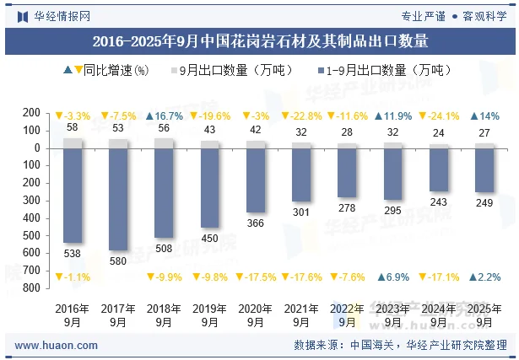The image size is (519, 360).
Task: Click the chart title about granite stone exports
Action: pos(259,40)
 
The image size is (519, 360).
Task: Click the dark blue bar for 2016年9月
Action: pos(73,195)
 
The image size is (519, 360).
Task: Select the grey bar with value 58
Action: pos(73,143)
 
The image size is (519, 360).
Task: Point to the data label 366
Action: pos(255,223)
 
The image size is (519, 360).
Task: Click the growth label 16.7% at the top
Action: pos(164,116)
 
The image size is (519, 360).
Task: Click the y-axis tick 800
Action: pos(33,288)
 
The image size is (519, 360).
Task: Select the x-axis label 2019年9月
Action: pos(209,314)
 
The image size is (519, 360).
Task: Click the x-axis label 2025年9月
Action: pos(484,314)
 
